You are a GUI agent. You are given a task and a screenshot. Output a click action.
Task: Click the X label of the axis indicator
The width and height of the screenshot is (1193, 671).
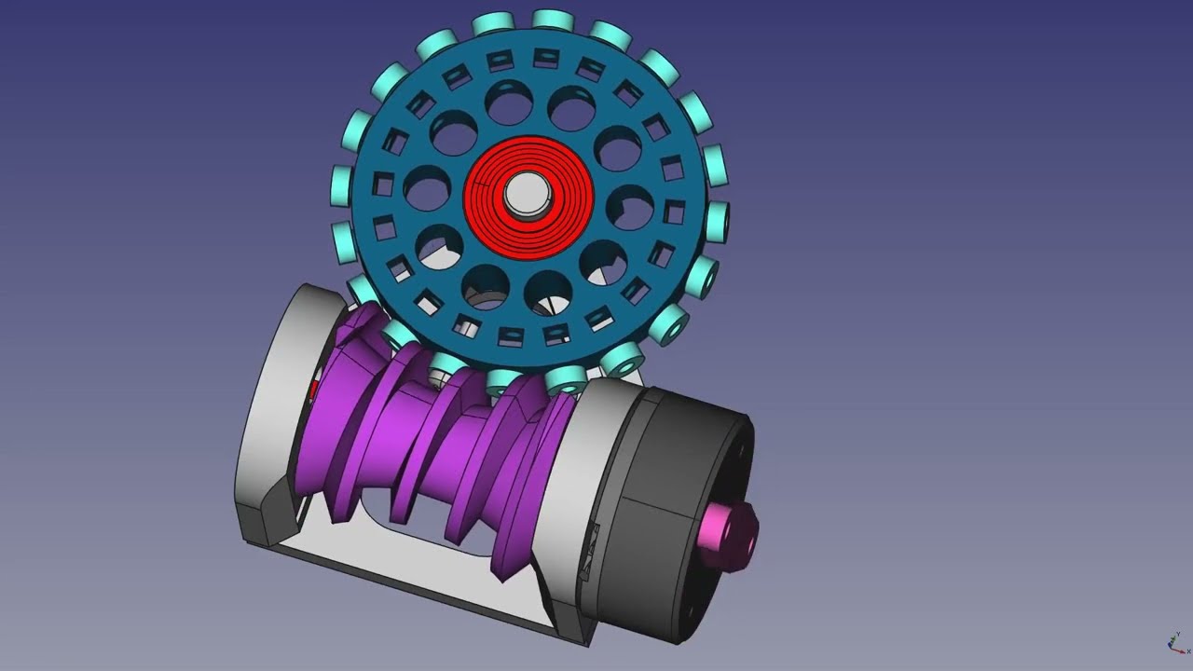pyautogui.click(x=1188, y=651)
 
